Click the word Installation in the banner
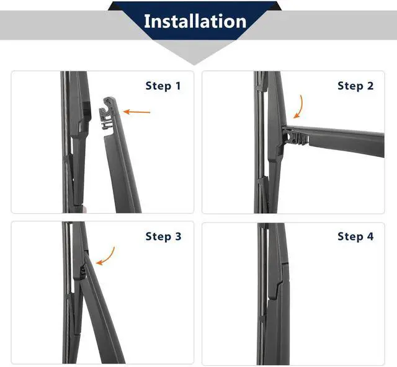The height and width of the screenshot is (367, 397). coord(195,21)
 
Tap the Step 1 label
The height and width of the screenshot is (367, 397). coord(163,86)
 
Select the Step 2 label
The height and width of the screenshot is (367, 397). coord(355,86)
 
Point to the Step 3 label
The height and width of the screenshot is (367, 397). coord(163,236)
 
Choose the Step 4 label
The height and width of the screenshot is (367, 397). coord(355,236)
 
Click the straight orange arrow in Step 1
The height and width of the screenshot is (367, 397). coord(136,112)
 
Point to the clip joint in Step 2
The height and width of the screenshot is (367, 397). coord(294,136)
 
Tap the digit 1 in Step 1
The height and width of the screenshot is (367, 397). coord(178,86)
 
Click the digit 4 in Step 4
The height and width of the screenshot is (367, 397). coord(370,236)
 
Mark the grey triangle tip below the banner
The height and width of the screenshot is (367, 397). coord(194,65)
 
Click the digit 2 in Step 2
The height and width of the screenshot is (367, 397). coord(370,86)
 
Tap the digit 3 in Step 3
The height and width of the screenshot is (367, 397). coord(178,236)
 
